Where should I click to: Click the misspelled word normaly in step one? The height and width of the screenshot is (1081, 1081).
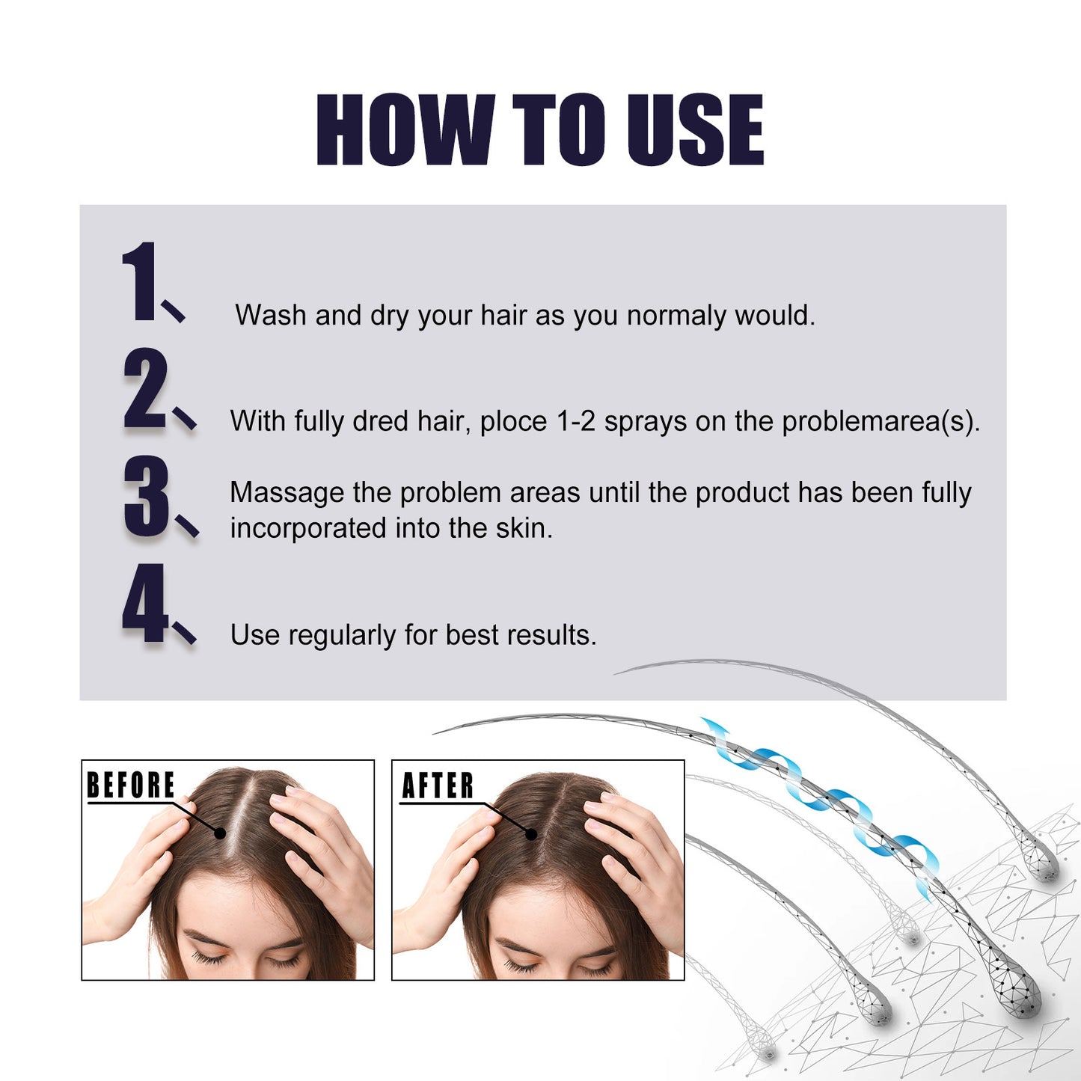click(x=676, y=316)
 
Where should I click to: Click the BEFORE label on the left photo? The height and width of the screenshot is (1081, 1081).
click(x=131, y=786)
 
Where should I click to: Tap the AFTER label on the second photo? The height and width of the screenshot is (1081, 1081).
click(x=438, y=786)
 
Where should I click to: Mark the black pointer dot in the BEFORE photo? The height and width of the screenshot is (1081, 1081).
click(x=220, y=833)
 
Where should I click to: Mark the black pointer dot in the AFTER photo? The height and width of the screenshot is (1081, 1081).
click(x=531, y=833)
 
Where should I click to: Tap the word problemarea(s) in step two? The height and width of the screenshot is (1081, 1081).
click(x=881, y=421)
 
